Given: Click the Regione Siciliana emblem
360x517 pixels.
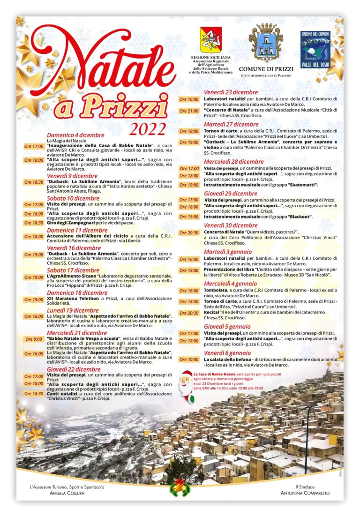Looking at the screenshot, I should point(211,40).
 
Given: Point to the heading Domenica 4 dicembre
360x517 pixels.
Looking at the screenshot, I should point(75,135).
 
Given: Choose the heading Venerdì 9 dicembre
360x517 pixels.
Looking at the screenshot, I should point(72,176).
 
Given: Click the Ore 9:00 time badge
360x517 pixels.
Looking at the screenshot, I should point(34,339).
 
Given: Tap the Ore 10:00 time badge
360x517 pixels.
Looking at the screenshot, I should point(189,360).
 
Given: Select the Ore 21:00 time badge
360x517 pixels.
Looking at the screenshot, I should point(189,111).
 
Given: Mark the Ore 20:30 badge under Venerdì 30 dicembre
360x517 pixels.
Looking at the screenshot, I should point(189,232).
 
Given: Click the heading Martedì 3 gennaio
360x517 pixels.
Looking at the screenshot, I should point(228,252).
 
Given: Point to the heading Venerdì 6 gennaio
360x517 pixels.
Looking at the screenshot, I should point(227,353).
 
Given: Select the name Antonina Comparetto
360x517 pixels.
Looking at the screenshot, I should point(305,493).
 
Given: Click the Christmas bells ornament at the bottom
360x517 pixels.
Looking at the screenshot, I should point(180,487).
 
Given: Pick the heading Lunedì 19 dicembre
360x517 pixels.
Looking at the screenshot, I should point(73,310).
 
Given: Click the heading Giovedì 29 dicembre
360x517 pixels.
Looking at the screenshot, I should point(231,193).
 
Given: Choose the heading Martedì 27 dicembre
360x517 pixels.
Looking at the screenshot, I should point(231,124).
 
